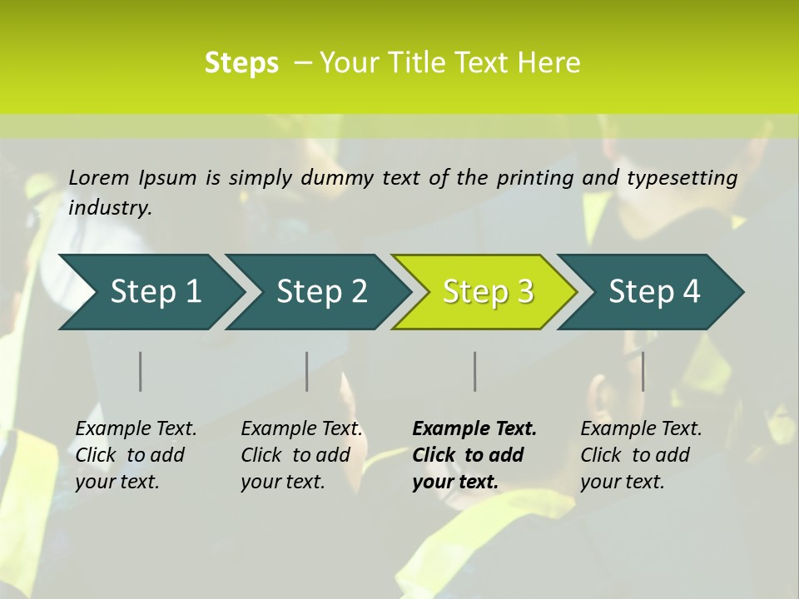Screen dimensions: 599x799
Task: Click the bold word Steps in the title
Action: coord(241,63)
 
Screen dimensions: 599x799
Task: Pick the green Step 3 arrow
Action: coord(488,292)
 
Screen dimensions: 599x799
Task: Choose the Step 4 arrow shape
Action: coord(654,292)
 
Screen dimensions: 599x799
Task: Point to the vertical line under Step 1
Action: coord(141,371)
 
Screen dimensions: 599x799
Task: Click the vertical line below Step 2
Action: coord(307,371)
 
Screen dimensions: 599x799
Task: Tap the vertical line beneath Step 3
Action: coord(474,371)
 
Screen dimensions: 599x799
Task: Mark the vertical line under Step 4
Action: coord(643,371)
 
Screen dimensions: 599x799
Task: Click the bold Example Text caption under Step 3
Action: coord(474,455)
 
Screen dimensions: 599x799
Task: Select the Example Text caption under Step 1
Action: coord(136,455)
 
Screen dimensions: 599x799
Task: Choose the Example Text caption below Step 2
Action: coord(301,455)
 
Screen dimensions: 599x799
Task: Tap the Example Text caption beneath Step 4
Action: coord(641,455)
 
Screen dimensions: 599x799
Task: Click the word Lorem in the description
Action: coord(99,178)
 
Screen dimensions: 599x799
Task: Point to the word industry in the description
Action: coord(110,208)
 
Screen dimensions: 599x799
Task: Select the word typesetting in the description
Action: coord(682,178)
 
